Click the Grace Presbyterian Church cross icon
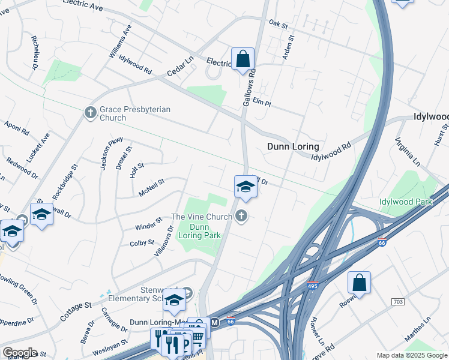click(90, 113)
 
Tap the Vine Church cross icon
click(241, 216)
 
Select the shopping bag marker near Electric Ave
click(243, 59)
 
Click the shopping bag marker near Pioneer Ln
click(359, 283)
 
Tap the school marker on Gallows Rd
click(246, 187)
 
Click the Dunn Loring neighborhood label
click(292, 146)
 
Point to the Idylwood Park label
click(405, 202)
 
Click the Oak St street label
click(279, 24)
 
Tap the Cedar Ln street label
click(181, 67)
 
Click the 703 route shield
click(397, 301)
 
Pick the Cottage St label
click(76, 312)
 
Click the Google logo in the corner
click(20, 353)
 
